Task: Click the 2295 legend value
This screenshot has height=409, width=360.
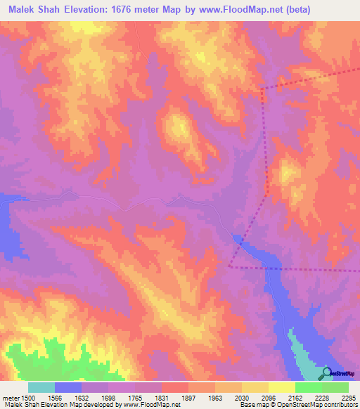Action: (x=348, y=397)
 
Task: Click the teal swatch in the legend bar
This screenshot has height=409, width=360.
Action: (x=41, y=387)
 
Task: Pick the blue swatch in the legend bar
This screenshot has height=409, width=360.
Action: (x=68, y=387)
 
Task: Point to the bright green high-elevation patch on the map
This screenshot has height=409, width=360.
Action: (x=67, y=358)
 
